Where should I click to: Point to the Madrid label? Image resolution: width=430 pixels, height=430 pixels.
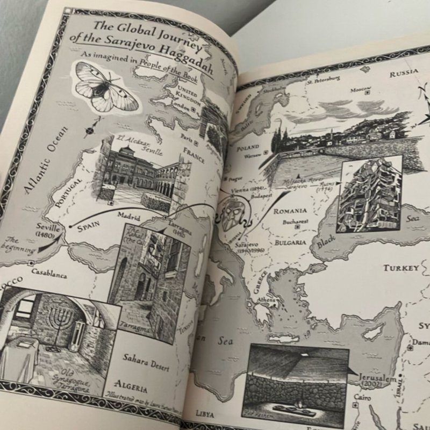(x=129, y=218)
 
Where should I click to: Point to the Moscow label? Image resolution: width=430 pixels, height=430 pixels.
(x=362, y=90)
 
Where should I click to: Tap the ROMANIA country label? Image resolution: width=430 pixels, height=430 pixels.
(x=290, y=211)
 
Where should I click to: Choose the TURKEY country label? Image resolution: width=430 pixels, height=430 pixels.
(x=400, y=268)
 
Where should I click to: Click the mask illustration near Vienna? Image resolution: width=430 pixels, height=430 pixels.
(x=233, y=211)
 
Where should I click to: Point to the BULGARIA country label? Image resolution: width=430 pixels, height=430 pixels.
(x=291, y=242)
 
